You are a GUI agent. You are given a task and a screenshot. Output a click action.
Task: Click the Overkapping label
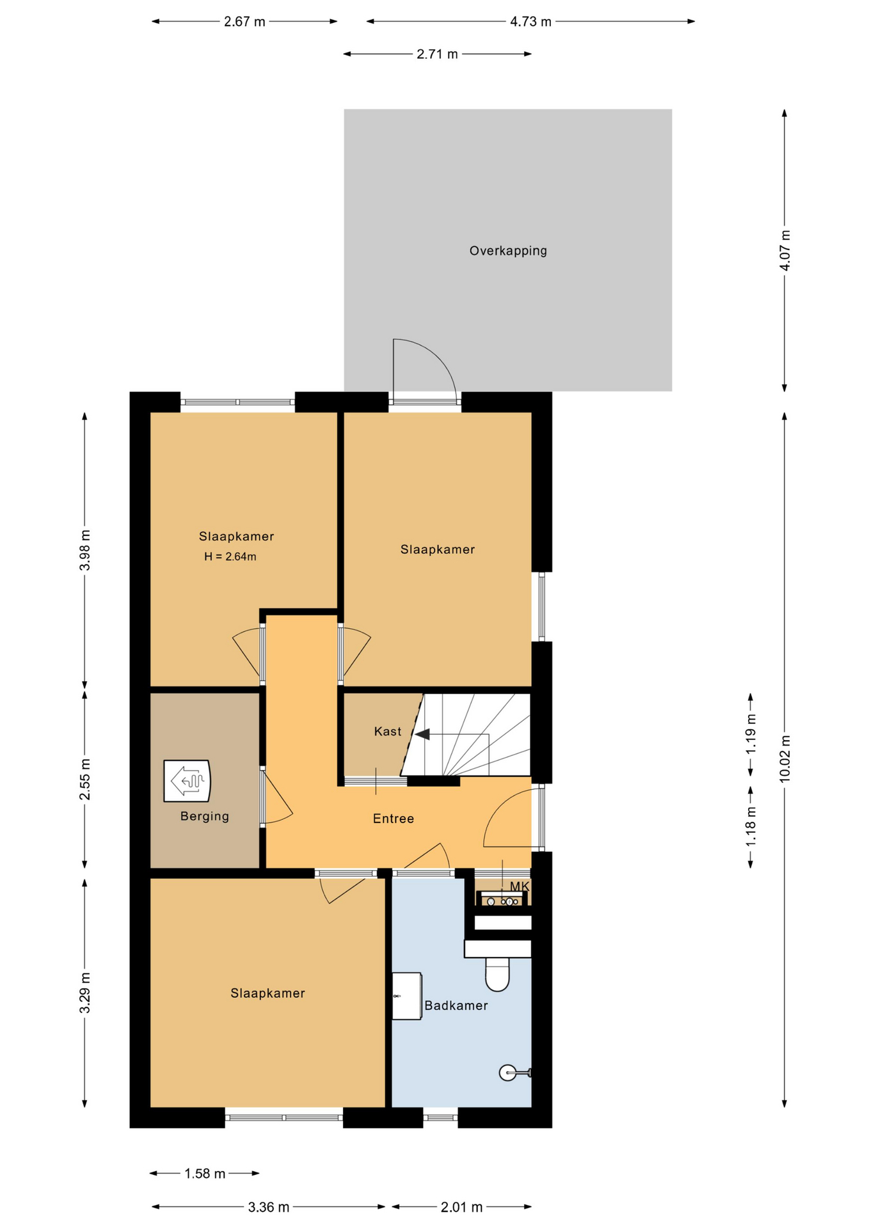click(508, 251)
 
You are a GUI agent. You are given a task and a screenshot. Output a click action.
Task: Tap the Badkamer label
click(456, 1005)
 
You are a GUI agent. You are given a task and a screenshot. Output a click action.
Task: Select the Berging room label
click(205, 816)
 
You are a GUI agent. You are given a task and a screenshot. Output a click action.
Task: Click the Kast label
click(388, 731)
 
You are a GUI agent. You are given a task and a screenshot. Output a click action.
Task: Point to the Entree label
click(394, 819)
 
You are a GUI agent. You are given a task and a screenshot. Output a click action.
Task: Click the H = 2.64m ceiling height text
click(230, 556)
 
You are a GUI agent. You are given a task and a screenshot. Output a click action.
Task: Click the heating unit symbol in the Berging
click(187, 780)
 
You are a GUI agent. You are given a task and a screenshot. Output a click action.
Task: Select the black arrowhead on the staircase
click(422, 734)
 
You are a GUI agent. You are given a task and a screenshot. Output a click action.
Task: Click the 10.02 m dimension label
click(785, 759)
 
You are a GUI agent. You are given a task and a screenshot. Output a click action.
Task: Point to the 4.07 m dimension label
click(785, 250)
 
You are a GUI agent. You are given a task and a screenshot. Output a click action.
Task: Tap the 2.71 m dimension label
click(438, 54)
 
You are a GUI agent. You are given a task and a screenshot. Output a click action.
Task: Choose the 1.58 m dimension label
click(205, 1174)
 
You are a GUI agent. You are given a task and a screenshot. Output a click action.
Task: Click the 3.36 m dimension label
click(269, 1207)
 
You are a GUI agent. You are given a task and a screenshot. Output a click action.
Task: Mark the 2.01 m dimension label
click(461, 1207)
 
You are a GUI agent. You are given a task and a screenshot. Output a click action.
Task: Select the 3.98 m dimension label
click(84, 550)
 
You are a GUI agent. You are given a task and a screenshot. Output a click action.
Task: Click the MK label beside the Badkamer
click(520, 886)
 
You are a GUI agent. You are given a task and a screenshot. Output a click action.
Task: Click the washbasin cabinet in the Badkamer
click(407, 996)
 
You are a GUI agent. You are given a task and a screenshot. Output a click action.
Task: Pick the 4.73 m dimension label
click(530, 22)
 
